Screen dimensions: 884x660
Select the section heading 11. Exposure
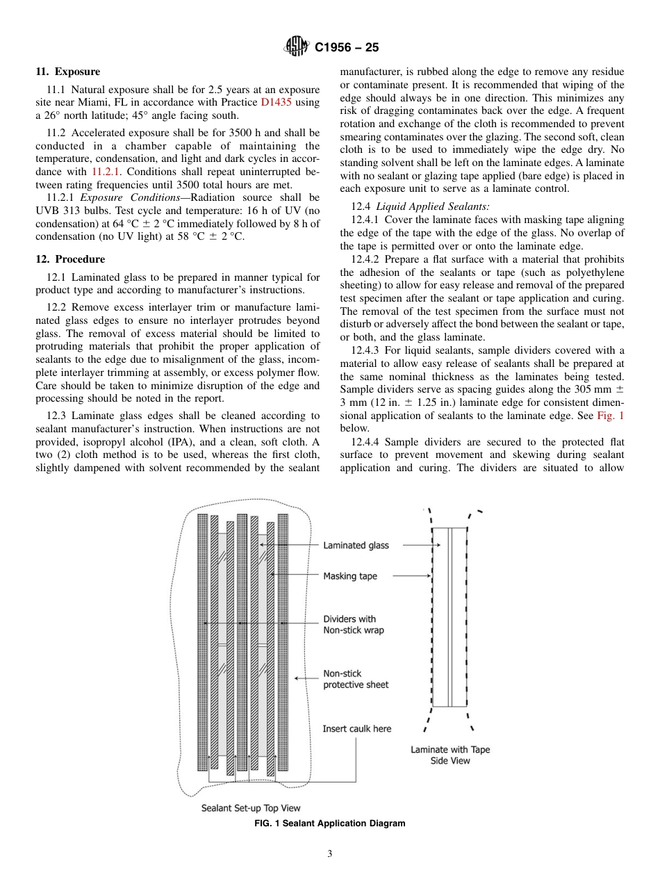(x=67, y=72)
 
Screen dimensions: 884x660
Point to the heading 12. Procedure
(x=70, y=259)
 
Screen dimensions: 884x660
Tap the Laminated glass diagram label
(x=356, y=546)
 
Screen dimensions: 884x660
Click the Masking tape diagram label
(x=350, y=576)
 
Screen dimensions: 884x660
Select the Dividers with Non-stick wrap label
(x=353, y=624)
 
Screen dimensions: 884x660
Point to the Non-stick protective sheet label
(x=356, y=679)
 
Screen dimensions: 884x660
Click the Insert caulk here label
(x=356, y=729)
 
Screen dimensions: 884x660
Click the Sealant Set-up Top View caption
(x=251, y=808)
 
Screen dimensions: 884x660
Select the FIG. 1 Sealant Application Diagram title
(x=329, y=824)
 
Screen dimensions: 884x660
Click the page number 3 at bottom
(x=330, y=854)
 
